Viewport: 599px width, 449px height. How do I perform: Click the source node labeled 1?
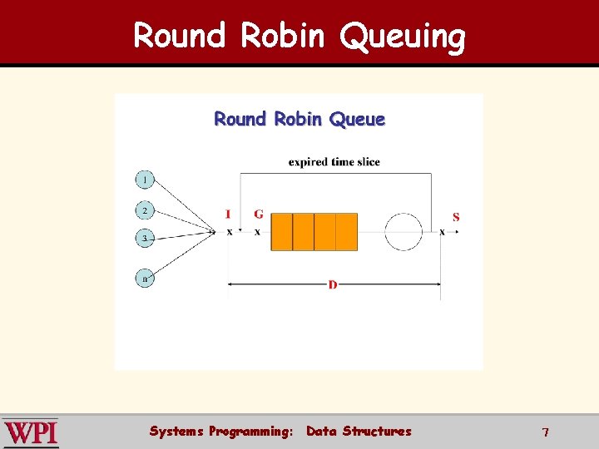coord(145,180)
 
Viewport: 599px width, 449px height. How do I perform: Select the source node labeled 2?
coord(145,210)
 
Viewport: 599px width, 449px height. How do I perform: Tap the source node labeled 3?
coord(145,239)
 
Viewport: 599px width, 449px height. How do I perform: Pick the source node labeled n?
coord(145,279)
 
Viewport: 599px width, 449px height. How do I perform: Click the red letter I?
coord(228,215)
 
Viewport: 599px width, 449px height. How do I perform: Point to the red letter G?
coord(259,215)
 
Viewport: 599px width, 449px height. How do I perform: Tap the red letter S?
coord(456,217)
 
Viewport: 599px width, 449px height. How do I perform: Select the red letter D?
coord(333,285)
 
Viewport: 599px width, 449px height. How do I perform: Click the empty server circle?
coord(404,231)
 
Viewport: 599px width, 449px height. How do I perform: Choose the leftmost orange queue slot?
coord(283,232)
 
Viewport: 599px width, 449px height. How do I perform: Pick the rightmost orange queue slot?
coord(347,232)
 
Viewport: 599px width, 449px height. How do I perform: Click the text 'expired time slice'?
coord(334,162)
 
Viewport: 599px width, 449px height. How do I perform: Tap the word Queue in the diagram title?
coord(357,120)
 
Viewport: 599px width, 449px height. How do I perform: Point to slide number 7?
coord(545,432)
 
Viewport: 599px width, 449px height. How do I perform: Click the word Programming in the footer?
coord(250,432)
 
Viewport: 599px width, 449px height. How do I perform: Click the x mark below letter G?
coord(257,232)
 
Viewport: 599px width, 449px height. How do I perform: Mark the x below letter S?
coord(442,232)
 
